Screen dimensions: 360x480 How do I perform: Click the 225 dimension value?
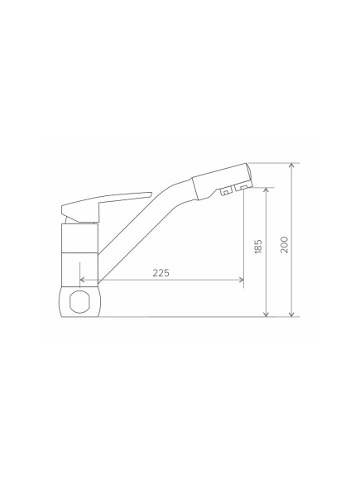161,273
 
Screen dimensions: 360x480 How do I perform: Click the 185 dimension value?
258,246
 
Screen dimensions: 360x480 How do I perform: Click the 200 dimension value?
285,245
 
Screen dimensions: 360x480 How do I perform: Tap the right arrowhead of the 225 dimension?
241,280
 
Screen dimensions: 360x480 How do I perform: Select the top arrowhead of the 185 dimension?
266,190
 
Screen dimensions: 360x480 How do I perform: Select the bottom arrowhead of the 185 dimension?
266,314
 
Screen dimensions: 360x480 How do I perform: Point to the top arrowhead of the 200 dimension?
292,166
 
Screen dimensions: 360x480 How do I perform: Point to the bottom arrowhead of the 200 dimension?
292,314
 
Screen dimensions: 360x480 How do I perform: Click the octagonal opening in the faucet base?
79,302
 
